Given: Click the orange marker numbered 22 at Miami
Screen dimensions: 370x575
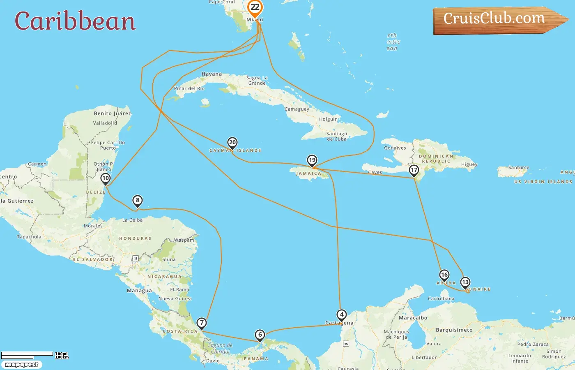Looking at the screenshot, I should coord(255,7).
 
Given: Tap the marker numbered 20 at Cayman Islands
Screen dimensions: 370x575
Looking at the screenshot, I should coord(232,143).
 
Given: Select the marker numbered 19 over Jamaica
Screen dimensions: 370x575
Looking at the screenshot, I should coord(312,160).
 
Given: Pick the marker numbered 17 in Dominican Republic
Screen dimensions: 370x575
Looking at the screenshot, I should coord(414,170).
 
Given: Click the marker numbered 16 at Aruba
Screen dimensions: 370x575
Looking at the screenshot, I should coord(444,275).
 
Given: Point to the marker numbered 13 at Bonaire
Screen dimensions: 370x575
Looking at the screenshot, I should coord(465,282).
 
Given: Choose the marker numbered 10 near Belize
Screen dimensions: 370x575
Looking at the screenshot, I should coord(106,178).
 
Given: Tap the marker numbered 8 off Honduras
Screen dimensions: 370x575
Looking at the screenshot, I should coord(138,201).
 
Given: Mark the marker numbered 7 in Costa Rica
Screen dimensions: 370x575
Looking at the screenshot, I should coord(202,323).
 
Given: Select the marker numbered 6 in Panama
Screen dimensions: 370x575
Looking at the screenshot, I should coord(260,335).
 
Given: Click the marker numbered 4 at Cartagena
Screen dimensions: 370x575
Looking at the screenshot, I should coord(342,314).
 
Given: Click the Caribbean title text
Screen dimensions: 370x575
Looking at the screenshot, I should coord(75,21).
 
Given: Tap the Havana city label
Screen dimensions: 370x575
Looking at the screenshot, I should coord(212,74).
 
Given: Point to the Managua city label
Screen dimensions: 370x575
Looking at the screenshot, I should coord(139,291).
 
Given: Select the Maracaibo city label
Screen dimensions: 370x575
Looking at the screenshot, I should coord(413,318).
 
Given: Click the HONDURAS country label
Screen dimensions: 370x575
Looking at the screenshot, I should coord(135,238).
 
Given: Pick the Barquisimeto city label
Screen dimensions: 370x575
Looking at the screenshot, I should coord(454,330).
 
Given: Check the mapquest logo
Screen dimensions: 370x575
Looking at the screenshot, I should coord(22,365).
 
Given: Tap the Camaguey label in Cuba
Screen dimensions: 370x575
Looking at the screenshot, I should coord(297,109).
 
